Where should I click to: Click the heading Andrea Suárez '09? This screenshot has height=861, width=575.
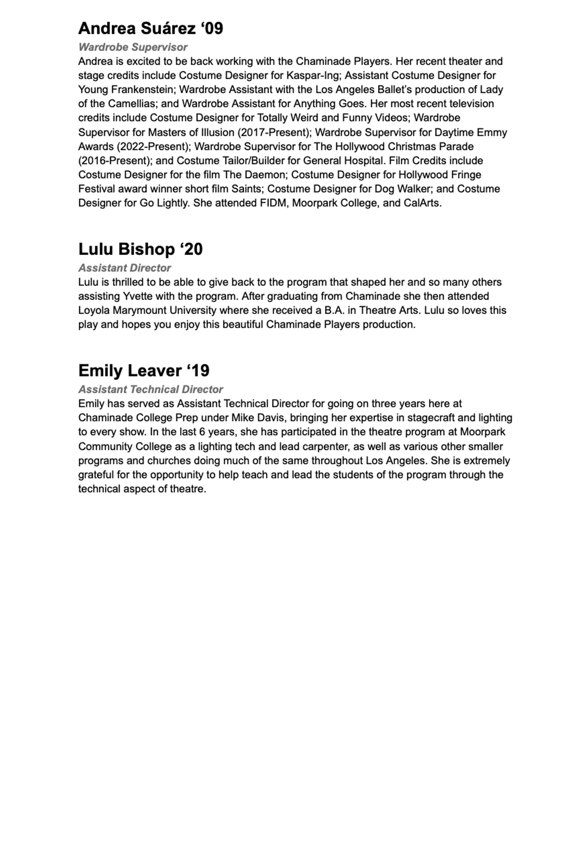pyautogui.click(x=150, y=28)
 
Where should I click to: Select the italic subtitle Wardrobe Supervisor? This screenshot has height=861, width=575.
pyautogui.click(x=133, y=47)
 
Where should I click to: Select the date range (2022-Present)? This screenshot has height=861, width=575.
pyautogui.click(x=152, y=147)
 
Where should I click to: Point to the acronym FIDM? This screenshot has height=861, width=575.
pyautogui.click(x=273, y=203)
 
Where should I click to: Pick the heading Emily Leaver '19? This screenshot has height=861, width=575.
pyautogui.click(x=144, y=371)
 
